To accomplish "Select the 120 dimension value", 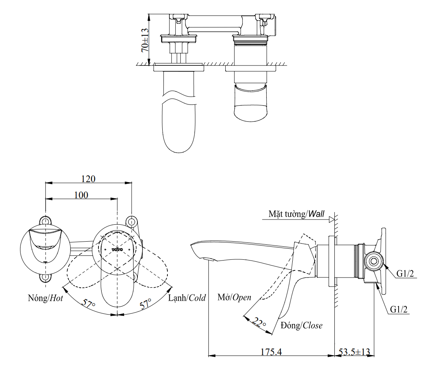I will [88, 179].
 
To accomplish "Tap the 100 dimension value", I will [82, 195].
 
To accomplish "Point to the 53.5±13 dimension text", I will [354, 352].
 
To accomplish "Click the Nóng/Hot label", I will [45, 298].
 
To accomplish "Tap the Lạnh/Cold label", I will [187, 298].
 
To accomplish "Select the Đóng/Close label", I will [301, 326].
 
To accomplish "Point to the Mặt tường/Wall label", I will [297, 214].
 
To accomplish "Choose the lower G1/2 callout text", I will [400, 309].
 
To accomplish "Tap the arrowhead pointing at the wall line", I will [332, 219].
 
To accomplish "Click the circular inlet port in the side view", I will [373, 260].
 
